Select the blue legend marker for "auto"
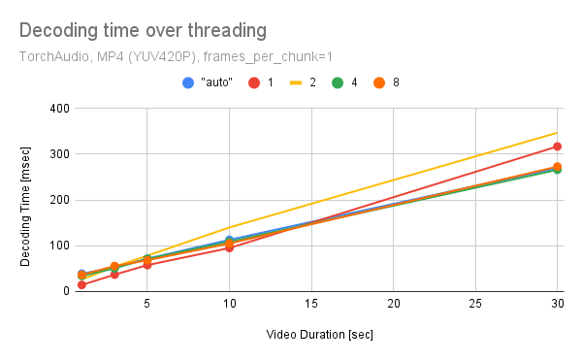tap(188, 82)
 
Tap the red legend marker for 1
tap(254, 82)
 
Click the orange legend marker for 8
tap(381, 82)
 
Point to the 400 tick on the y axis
tap(57, 109)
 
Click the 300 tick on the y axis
tap(57, 154)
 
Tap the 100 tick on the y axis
tap(57, 245)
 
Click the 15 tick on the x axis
tap(310, 305)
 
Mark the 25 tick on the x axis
tap(475, 305)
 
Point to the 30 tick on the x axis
tap(557, 305)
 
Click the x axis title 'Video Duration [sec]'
tap(319, 335)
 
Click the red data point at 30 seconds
tap(557, 147)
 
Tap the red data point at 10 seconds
tap(229, 247)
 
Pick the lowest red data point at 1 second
tap(81, 284)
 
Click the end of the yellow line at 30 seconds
tap(557, 133)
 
